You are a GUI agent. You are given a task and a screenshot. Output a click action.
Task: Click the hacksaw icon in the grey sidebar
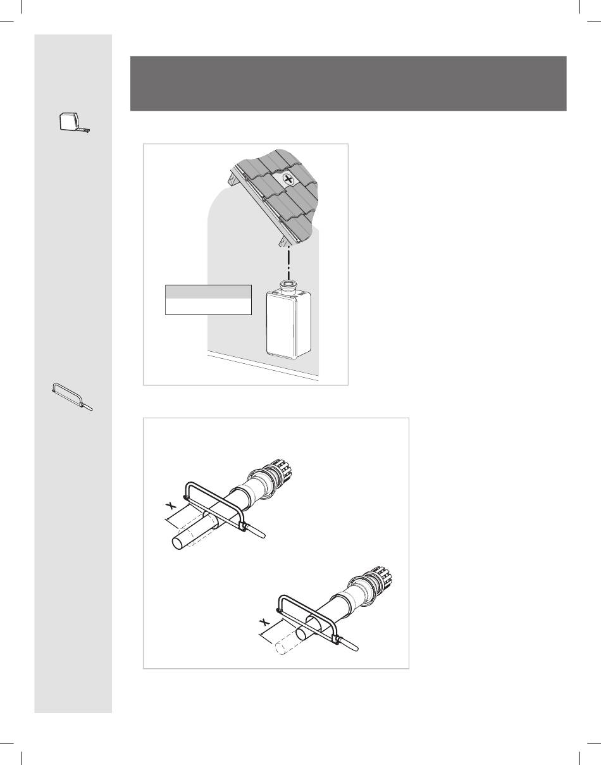[72, 396]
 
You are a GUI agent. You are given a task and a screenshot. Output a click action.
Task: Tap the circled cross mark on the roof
[289, 180]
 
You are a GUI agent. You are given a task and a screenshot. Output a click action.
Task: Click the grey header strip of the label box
[208, 292]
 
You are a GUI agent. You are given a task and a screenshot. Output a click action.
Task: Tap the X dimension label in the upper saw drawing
[171, 506]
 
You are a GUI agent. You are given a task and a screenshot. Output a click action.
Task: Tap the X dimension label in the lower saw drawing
[264, 623]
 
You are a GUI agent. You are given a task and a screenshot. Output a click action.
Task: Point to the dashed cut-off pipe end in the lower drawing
[287, 644]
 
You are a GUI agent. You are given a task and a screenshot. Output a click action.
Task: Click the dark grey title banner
[349, 84]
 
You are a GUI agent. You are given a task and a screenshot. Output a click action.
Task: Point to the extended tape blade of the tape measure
[85, 130]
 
